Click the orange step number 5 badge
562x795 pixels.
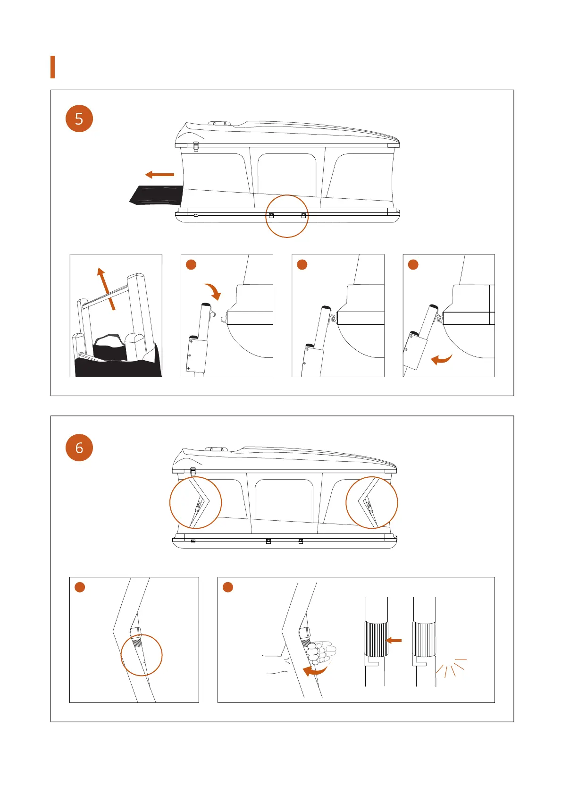79,118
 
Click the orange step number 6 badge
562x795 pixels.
79,448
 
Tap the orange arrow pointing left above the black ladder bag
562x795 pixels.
160,175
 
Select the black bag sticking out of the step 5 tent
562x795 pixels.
156,195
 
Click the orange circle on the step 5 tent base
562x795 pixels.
287,216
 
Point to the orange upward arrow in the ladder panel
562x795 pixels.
106,289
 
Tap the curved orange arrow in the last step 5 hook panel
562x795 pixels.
442,359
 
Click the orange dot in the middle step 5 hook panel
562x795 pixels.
302,264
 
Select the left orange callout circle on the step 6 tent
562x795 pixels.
195,503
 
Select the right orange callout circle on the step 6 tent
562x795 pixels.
372,503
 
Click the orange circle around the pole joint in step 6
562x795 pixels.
142,655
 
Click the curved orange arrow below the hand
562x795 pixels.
315,670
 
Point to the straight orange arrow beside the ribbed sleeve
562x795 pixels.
394,641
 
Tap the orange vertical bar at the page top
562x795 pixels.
53,67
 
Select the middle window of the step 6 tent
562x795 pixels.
284,500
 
